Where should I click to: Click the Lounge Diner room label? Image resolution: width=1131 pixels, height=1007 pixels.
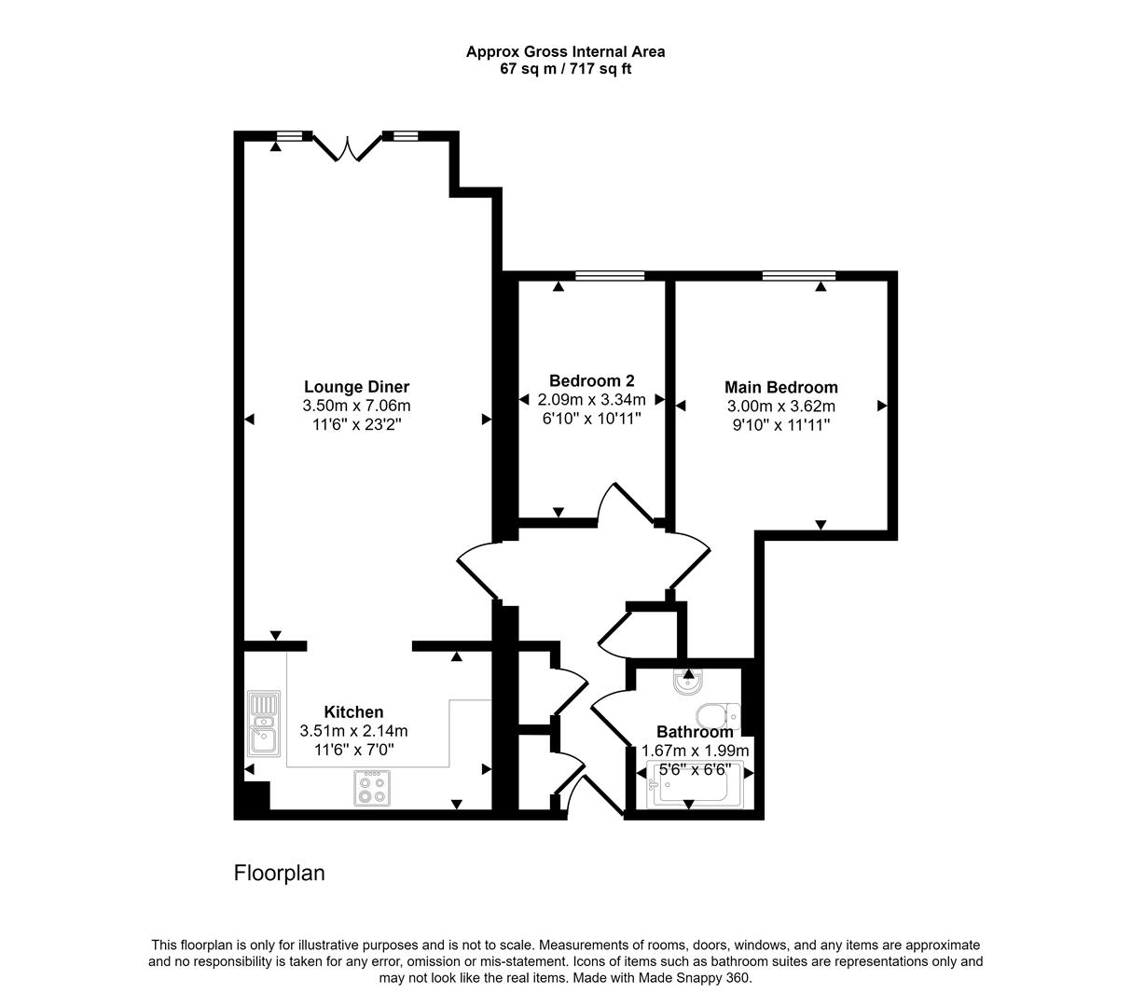[356, 387]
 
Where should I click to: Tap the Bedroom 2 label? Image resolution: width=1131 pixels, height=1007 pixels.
[591, 380]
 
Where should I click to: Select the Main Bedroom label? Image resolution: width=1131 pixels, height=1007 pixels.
[780, 387]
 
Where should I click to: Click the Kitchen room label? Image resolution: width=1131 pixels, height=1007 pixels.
[353, 712]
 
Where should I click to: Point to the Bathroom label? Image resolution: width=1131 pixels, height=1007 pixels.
[695, 732]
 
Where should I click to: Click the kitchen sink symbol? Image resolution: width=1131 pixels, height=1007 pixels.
[264, 724]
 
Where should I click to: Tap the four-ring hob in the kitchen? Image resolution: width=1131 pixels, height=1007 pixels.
[372, 789]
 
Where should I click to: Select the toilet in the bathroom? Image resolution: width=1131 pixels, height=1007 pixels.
[720, 715]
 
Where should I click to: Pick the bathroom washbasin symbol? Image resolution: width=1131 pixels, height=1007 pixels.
[688, 683]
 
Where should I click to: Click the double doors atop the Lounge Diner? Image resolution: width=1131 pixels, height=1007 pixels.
[347, 147]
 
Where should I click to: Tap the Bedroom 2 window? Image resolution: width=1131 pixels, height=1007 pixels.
[610, 275]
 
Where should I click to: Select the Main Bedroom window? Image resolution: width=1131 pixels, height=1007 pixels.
[798, 275]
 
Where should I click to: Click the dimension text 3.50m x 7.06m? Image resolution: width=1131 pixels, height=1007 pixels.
[356, 406]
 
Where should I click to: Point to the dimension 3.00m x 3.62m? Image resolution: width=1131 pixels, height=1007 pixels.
[780, 406]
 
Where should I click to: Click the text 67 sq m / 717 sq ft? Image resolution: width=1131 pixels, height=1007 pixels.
[565, 69]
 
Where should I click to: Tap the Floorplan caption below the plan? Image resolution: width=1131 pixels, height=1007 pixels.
[279, 874]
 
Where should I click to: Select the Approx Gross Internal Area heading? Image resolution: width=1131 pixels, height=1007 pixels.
[565, 52]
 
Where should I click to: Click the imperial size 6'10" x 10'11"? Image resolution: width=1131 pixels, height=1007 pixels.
[591, 418]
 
